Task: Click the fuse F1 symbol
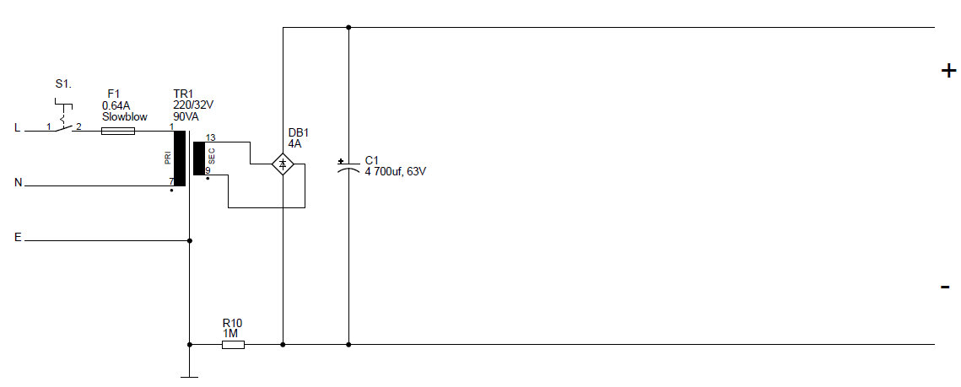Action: pos(117,131)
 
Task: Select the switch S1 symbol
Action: pos(64,116)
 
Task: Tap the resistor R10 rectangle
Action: pos(233,345)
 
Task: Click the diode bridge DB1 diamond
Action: pos(283,164)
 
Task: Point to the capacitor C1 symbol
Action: pos(348,167)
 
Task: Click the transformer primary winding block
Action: pos(180,158)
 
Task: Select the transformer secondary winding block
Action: pos(198,159)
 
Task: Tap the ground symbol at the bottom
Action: pos(189,377)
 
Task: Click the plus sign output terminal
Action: pos(948,71)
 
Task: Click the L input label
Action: pos(17,128)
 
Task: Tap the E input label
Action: pos(17,237)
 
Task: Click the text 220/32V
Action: pos(194,105)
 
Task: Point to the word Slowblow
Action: pos(124,117)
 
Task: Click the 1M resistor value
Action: pos(230,334)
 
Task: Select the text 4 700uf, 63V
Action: pos(396,171)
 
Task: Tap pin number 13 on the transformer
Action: pos(211,137)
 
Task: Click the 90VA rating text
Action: pos(187,116)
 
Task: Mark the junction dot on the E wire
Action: pos(189,240)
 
